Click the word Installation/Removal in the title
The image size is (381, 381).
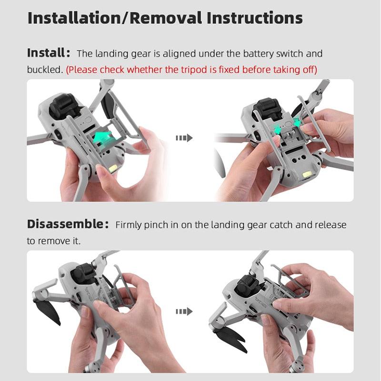pyautogui.click(x=115, y=18)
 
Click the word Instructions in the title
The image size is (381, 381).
pyautogui.click(x=255, y=18)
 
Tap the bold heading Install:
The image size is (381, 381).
pyautogui.click(x=49, y=53)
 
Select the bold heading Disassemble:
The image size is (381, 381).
pyautogui.click(x=68, y=224)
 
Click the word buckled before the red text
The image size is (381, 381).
pyautogui.click(x=45, y=70)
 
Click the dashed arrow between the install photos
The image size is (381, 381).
pyautogui.click(x=184, y=138)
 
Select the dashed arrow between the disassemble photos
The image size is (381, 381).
pyautogui.click(x=184, y=311)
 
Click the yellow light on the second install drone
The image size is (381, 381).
pyautogui.click(x=307, y=174)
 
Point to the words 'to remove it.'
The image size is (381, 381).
pyautogui.click(x=53, y=241)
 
